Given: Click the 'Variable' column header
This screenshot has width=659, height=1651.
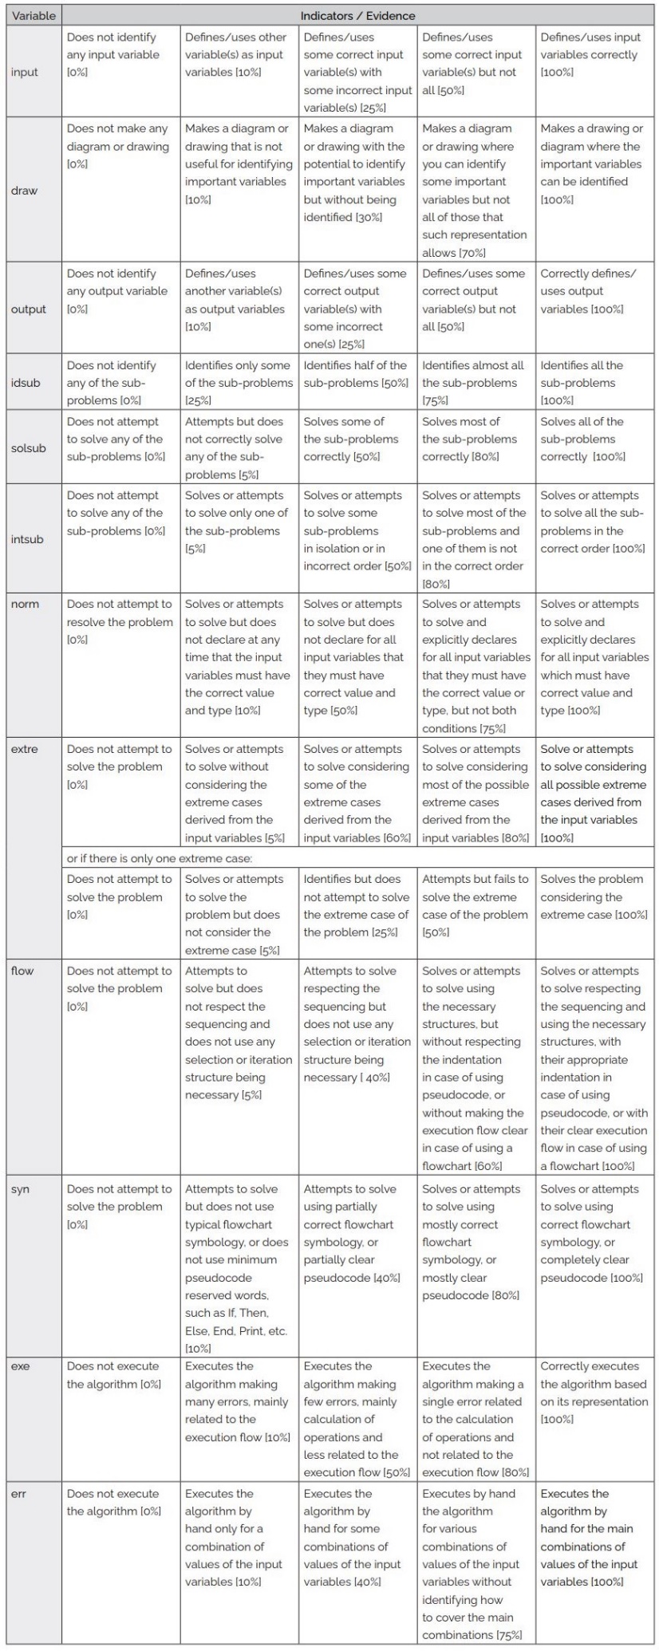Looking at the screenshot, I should click(34, 15).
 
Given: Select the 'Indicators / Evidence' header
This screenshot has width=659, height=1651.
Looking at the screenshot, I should click(357, 15).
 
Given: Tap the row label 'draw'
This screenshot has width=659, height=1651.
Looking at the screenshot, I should click(24, 191).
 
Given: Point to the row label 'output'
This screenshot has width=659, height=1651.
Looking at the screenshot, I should click(29, 309).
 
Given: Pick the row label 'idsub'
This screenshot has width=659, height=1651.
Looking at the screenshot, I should click(26, 382).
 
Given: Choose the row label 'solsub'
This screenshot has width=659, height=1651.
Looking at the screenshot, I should click(29, 447).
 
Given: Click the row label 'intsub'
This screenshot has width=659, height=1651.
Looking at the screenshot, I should click(27, 539).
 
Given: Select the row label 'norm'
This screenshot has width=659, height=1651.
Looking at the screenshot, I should click(25, 604).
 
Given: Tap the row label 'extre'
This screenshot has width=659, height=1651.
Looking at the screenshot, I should click(25, 749).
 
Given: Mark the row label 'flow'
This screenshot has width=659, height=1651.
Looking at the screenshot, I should click(23, 971).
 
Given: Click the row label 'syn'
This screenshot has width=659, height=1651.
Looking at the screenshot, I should click(21, 1189).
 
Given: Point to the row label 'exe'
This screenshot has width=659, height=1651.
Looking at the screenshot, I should click(21, 1366).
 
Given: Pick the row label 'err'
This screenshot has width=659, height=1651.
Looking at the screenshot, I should click(20, 1493).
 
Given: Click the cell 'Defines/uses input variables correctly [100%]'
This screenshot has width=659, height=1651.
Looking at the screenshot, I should click(594, 55).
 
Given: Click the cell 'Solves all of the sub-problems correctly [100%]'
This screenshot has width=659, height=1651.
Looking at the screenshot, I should click(594, 439).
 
